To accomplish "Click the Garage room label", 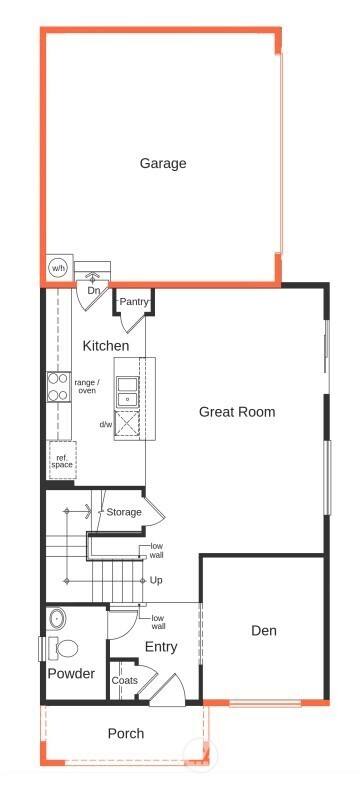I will (163, 163).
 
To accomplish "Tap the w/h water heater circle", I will (58, 268).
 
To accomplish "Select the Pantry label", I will (134, 301).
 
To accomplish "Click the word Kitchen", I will (106, 346).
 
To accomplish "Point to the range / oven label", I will (87, 386).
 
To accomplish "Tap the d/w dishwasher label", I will (106, 424).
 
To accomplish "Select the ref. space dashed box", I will (62, 461).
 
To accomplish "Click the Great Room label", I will (237, 411).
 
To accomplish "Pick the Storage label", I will (124, 513).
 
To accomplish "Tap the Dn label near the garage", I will (94, 291).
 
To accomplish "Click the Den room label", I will (264, 631).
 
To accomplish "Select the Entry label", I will (161, 647).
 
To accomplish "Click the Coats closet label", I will (125, 681).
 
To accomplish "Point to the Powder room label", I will (71, 674).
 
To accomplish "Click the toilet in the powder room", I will (65, 648).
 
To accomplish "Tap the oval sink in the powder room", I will (56, 617).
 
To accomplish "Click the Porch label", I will (126, 734).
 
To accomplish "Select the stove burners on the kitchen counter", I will (56, 387).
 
